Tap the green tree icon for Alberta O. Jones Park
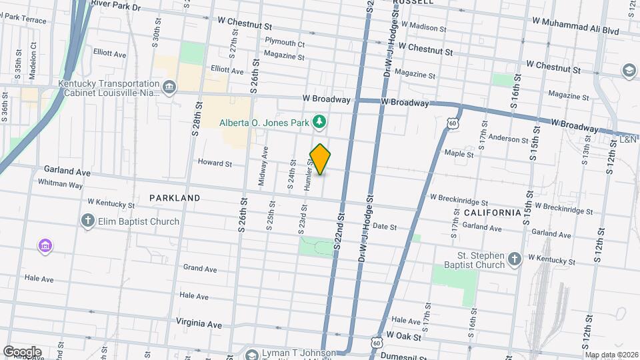[x=321, y=122]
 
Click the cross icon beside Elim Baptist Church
[x=87, y=221]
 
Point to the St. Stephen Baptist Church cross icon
[x=514, y=259]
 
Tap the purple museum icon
[x=45, y=247]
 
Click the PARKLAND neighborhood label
[x=175, y=198]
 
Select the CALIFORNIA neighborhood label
[x=492, y=212]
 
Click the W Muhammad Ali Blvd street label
[x=575, y=31]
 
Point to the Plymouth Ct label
[x=285, y=44]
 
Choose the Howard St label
[x=215, y=163]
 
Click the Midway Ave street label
[x=265, y=167]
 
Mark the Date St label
[x=385, y=227]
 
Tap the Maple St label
[x=459, y=154]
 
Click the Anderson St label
[x=508, y=139]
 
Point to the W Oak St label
[x=405, y=335]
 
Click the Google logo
[x=22, y=351]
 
